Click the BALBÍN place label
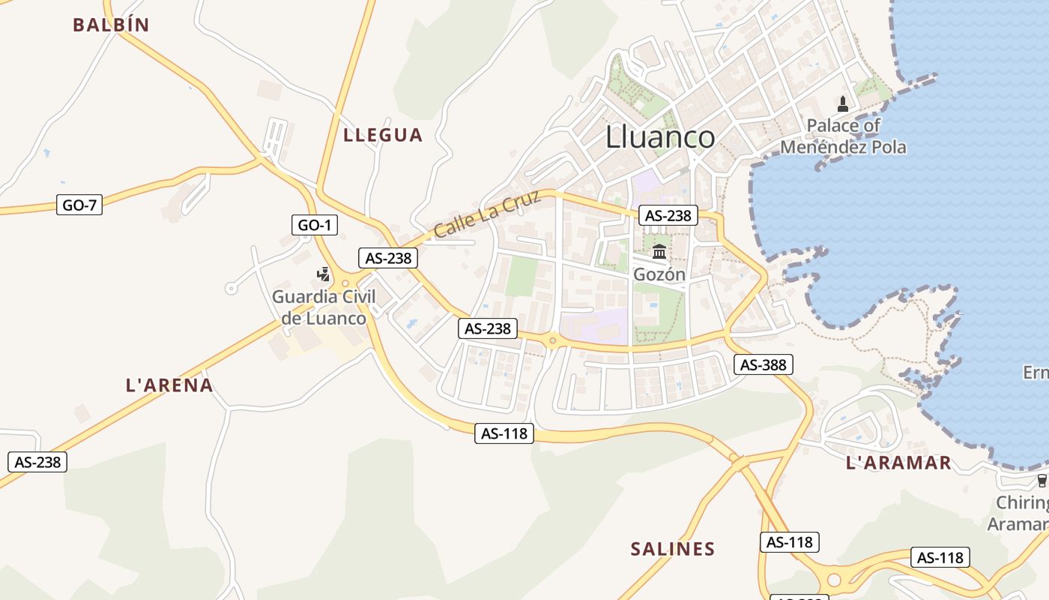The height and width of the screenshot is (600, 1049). click(111, 25)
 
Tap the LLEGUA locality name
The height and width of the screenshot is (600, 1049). click(383, 135)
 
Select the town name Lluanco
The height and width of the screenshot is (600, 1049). click(659, 137)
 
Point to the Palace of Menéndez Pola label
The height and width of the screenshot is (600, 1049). click(843, 136)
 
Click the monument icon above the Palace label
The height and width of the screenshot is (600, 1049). click(842, 103)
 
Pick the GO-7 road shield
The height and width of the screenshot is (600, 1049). click(79, 205)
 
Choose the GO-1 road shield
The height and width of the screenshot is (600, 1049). click(314, 224)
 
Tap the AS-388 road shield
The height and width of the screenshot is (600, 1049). click(763, 364)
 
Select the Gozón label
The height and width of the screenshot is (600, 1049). click(659, 274)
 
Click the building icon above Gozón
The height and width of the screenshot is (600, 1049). click(659, 251)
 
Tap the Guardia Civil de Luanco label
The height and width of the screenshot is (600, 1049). click(324, 307)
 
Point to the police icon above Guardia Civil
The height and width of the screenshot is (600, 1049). click(324, 274)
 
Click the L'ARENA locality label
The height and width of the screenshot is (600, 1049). click(169, 385)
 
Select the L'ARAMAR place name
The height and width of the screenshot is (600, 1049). click(898, 463)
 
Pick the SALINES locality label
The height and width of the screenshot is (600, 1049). click(673, 549)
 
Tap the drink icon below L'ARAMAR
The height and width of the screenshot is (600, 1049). click(1041, 481)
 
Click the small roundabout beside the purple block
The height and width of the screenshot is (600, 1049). click(553, 341)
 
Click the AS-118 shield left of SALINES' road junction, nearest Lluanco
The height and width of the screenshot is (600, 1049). click(504, 433)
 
